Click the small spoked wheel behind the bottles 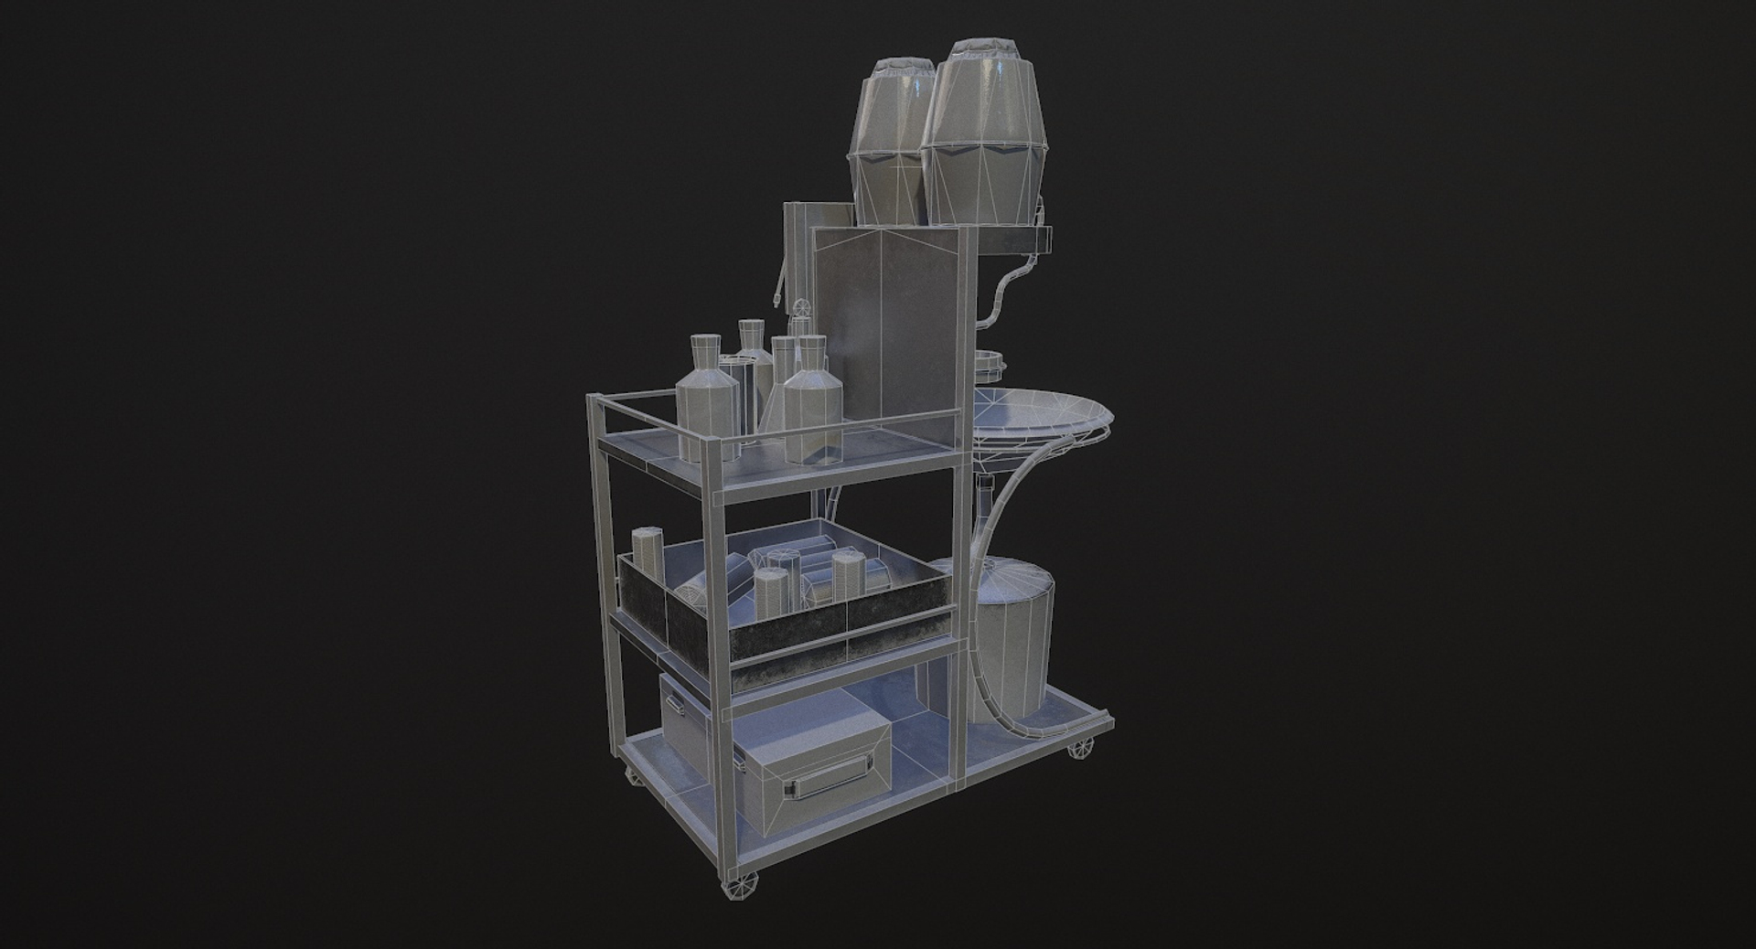(x=802, y=306)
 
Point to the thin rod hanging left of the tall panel (x=779, y=283)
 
